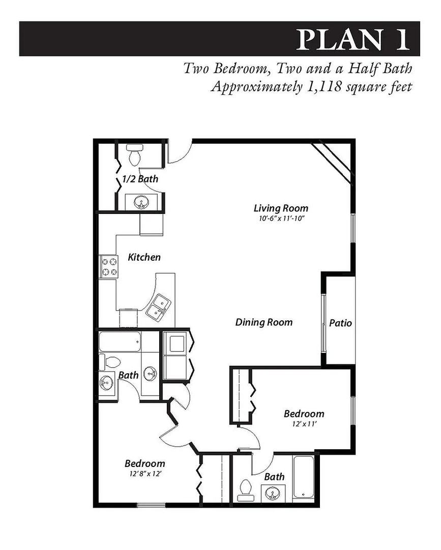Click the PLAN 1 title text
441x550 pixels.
click(x=354, y=39)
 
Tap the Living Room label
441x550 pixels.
click(x=281, y=208)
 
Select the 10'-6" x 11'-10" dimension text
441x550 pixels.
click(x=281, y=218)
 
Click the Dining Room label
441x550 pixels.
click(x=264, y=322)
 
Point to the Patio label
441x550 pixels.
click(x=340, y=323)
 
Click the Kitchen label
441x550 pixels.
click(x=144, y=257)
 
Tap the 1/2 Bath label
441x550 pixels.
click(x=140, y=179)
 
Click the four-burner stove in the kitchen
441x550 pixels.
click(x=108, y=266)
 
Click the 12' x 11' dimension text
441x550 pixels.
click(x=304, y=423)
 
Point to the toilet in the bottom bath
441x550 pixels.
click(x=246, y=488)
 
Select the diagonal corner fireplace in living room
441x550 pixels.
click(x=332, y=161)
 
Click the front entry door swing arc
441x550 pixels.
click(x=179, y=151)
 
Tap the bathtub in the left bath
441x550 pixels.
click(x=120, y=342)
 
